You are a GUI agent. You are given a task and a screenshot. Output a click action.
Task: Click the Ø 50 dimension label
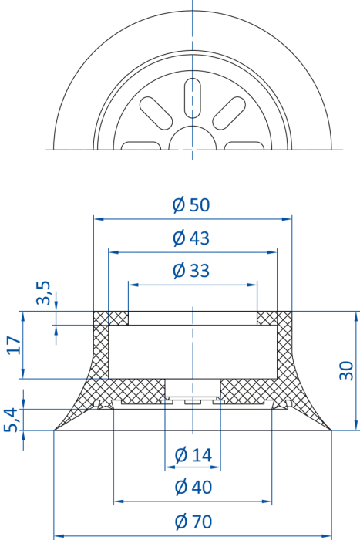click(x=191, y=204)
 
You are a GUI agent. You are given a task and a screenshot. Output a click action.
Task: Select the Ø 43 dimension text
click(x=191, y=238)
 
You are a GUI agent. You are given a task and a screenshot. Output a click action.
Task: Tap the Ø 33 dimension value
click(x=191, y=270)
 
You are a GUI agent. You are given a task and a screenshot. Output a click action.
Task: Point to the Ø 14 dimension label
click(x=193, y=455)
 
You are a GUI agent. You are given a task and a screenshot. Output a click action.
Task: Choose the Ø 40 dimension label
click(x=193, y=487)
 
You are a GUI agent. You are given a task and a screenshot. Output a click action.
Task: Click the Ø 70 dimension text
click(x=193, y=521)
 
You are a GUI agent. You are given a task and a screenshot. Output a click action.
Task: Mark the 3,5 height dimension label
click(x=44, y=292)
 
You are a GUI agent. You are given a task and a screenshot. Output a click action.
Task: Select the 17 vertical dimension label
click(x=14, y=345)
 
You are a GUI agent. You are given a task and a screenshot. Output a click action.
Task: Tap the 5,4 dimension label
click(x=11, y=420)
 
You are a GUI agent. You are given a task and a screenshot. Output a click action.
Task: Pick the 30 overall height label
click(x=346, y=370)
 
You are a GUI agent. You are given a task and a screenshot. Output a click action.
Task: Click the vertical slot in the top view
click(x=193, y=98)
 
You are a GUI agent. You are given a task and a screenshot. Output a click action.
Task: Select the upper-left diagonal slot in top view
click(x=156, y=113)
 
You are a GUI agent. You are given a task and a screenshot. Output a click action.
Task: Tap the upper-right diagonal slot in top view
click(x=229, y=113)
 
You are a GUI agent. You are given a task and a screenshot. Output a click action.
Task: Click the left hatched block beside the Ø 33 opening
click(x=111, y=318)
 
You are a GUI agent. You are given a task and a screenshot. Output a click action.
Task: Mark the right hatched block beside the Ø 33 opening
click(x=274, y=318)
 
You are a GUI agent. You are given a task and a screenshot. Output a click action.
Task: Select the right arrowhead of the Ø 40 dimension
click(x=267, y=501)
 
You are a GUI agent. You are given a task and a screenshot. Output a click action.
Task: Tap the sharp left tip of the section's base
click(x=55, y=430)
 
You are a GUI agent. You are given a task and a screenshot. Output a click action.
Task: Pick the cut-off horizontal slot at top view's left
click(x=141, y=146)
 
